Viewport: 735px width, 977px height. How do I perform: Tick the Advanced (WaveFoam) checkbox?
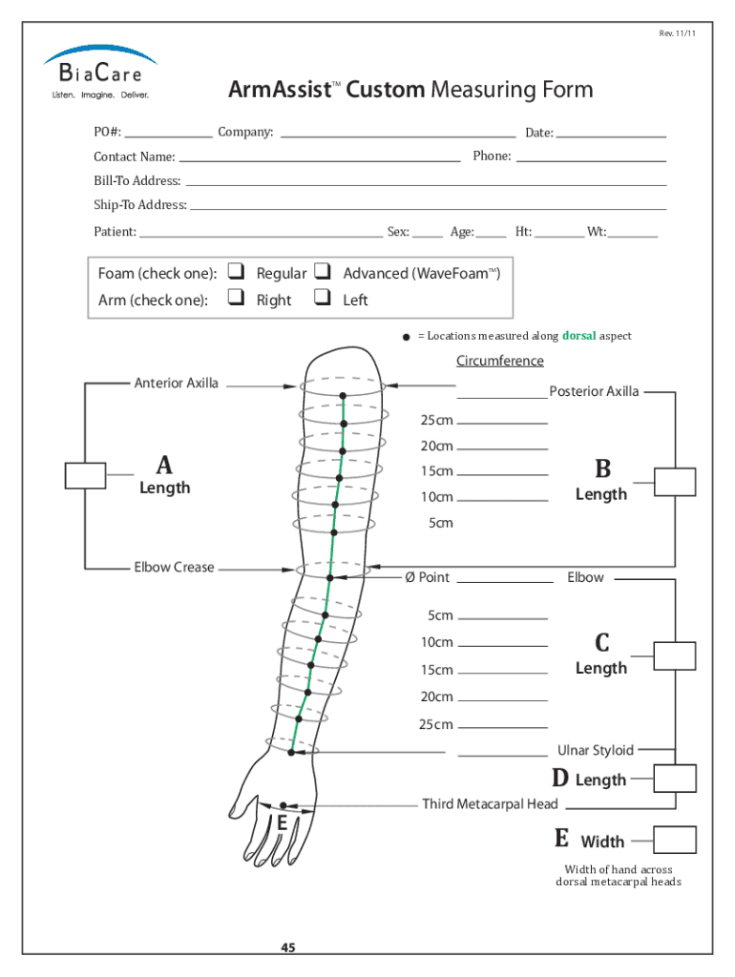[323, 272]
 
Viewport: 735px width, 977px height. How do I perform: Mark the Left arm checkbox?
[323, 299]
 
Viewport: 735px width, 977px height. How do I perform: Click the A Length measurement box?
[85, 474]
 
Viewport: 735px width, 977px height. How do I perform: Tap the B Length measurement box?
[675, 481]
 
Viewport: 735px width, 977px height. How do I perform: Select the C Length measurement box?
[675, 655]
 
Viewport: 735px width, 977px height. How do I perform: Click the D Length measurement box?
[675, 779]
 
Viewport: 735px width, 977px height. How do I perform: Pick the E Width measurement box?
[675, 840]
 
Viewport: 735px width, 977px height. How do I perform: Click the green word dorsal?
[578, 336]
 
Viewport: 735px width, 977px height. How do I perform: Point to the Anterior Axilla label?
[176, 384]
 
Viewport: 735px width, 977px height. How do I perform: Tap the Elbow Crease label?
[174, 568]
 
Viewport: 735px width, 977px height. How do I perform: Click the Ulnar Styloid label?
[596, 751]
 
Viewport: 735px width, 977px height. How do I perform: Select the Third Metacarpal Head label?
[490, 804]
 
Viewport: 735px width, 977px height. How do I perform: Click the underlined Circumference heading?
[499, 361]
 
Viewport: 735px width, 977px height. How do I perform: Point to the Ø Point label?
[427, 577]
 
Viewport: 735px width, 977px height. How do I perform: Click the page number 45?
[287, 947]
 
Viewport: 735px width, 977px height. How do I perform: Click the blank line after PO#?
[168, 133]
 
